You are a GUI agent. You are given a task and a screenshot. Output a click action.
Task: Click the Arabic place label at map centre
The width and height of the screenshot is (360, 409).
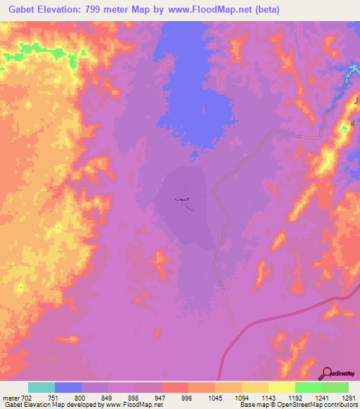(x=181, y=200)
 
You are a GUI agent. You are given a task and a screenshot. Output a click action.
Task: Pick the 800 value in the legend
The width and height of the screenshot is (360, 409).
(x=82, y=398)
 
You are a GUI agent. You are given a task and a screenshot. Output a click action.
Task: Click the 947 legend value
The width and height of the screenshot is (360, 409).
(x=161, y=398)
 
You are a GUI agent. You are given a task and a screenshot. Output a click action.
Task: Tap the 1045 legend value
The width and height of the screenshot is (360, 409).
(x=214, y=398)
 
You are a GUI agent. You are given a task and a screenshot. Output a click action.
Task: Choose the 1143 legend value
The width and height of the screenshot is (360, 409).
(x=268, y=398)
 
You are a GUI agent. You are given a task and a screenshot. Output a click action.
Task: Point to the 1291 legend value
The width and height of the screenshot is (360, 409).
(x=348, y=398)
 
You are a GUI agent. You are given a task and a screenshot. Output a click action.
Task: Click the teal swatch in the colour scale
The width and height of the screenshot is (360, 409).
(x=41, y=387)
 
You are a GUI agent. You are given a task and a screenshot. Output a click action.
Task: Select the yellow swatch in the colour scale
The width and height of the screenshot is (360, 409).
(x=281, y=387)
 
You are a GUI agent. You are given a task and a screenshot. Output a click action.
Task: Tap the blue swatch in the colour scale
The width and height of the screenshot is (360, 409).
(x=68, y=387)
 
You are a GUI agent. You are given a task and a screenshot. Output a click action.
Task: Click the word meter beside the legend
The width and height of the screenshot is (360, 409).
(x=9, y=398)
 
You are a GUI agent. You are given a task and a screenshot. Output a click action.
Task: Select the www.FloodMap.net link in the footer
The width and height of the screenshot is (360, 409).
(x=136, y=405)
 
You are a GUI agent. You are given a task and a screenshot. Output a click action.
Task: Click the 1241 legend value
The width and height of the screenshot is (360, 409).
(x=321, y=398)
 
